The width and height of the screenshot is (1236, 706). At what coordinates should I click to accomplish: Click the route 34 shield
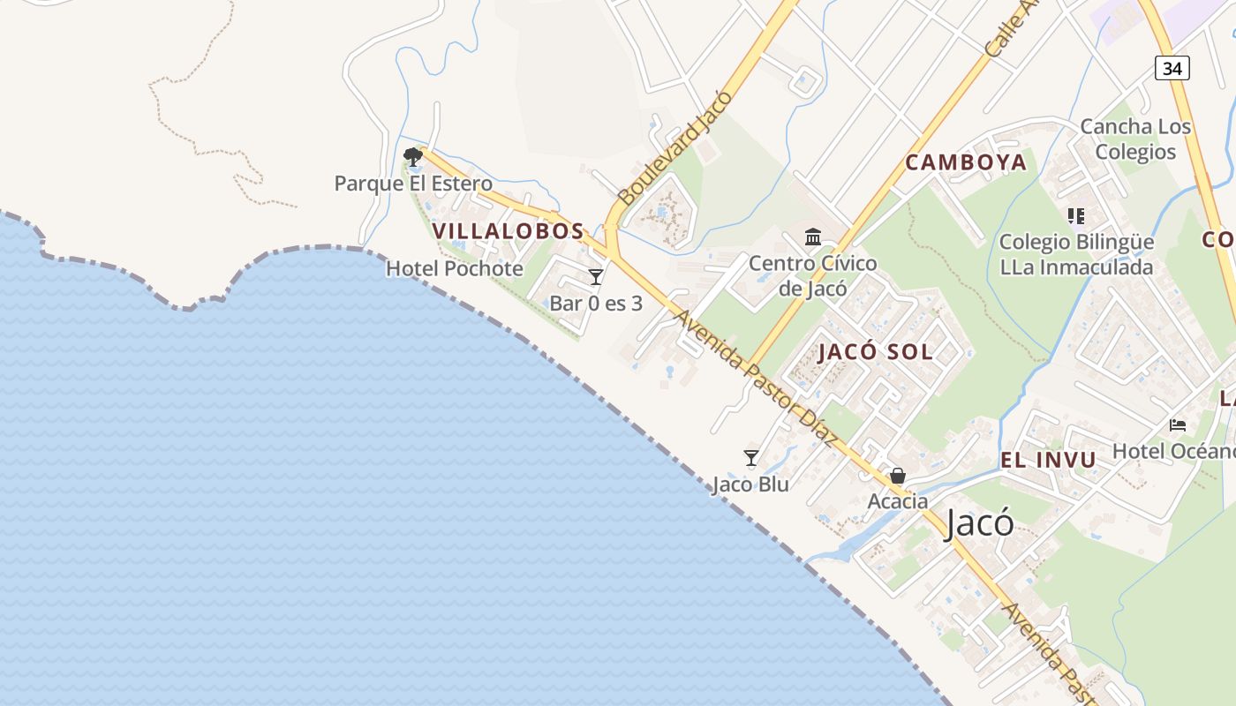point(1172,67)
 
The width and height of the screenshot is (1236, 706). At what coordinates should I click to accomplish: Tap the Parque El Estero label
point(413,184)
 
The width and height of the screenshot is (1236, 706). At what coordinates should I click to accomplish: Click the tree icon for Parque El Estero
point(412,157)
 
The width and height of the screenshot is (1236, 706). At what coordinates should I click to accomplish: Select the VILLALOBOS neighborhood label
point(509,231)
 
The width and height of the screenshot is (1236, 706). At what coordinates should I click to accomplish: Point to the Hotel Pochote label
point(455,268)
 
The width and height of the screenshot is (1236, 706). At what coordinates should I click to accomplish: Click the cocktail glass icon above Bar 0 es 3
point(596,277)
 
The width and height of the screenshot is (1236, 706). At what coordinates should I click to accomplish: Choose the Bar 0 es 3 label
point(596,304)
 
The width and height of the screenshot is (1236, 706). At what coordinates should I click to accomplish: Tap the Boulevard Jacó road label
point(675,147)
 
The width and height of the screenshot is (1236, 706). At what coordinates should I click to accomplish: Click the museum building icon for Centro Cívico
point(813,237)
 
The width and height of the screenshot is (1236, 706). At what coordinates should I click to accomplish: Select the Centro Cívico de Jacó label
point(813,275)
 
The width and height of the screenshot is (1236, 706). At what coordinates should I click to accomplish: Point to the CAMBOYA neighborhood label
point(966,162)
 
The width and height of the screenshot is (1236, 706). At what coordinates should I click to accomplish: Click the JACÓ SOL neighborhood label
point(875,352)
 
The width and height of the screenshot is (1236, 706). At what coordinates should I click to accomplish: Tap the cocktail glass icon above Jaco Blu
point(751,457)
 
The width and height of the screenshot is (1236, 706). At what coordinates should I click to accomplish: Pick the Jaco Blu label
point(750,484)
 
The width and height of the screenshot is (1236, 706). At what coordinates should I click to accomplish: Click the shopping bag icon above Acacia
point(898,476)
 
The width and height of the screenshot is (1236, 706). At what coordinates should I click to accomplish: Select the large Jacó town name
point(979,523)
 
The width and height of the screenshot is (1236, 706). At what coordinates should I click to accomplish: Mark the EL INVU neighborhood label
point(1048,460)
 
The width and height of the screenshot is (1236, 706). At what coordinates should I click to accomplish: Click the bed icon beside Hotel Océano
point(1178,424)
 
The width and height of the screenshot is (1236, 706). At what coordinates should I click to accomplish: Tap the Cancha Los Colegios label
point(1135,139)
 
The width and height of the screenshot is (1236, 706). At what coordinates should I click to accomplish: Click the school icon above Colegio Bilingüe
point(1075,215)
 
